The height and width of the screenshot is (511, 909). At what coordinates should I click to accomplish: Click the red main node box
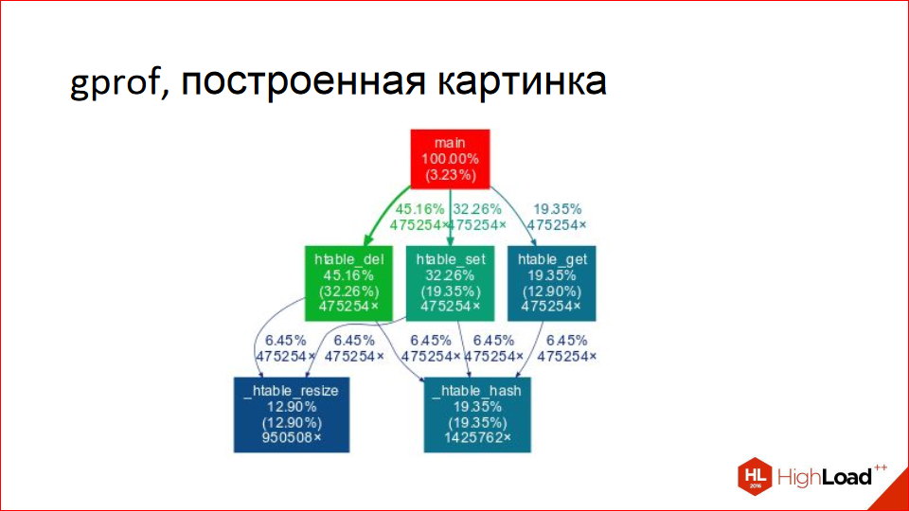tap(450, 158)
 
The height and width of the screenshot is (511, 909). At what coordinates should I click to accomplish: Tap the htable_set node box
tap(450, 282)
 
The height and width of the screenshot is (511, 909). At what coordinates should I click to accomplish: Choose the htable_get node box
tap(553, 282)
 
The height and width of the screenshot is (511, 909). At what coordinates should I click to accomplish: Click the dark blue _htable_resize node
tap(291, 414)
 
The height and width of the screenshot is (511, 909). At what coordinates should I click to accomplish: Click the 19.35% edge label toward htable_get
tap(556, 209)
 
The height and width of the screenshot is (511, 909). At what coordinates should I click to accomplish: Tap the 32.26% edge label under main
tap(476, 209)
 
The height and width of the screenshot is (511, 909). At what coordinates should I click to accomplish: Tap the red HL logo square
tap(755, 476)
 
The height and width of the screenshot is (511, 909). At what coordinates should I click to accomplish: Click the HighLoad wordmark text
tap(824, 477)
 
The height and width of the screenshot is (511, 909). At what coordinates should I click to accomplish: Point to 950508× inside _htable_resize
tap(291, 438)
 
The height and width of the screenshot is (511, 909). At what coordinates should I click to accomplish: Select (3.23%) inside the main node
tap(450, 175)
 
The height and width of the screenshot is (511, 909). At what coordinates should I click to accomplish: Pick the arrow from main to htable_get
tap(516, 213)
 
